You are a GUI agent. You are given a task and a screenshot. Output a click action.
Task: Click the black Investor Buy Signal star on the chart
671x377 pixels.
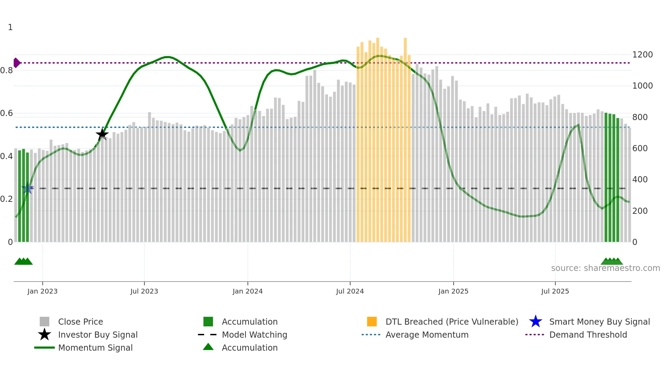click(102, 134)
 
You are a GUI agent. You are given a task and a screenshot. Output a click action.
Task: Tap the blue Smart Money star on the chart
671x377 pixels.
click(27, 188)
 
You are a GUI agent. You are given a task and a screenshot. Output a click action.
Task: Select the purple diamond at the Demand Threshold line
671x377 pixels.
click(16, 63)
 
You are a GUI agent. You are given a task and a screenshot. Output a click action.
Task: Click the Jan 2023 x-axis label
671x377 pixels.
click(42, 291)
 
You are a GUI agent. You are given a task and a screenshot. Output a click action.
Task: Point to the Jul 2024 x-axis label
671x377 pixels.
click(350, 291)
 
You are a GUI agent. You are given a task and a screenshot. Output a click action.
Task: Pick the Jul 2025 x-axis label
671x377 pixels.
click(555, 291)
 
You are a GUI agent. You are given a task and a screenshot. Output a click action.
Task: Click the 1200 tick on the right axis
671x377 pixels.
click(642, 55)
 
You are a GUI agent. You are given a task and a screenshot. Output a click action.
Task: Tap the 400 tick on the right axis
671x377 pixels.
click(640, 180)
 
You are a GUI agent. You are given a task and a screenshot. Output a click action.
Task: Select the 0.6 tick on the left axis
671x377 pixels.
click(7, 113)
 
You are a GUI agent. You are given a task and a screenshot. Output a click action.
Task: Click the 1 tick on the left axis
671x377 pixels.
click(10, 27)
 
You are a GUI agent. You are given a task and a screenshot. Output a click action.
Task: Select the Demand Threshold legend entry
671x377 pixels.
click(588, 335)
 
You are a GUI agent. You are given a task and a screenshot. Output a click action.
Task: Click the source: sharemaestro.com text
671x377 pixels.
click(605, 268)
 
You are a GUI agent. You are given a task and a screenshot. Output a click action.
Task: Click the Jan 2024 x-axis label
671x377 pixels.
click(248, 291)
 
